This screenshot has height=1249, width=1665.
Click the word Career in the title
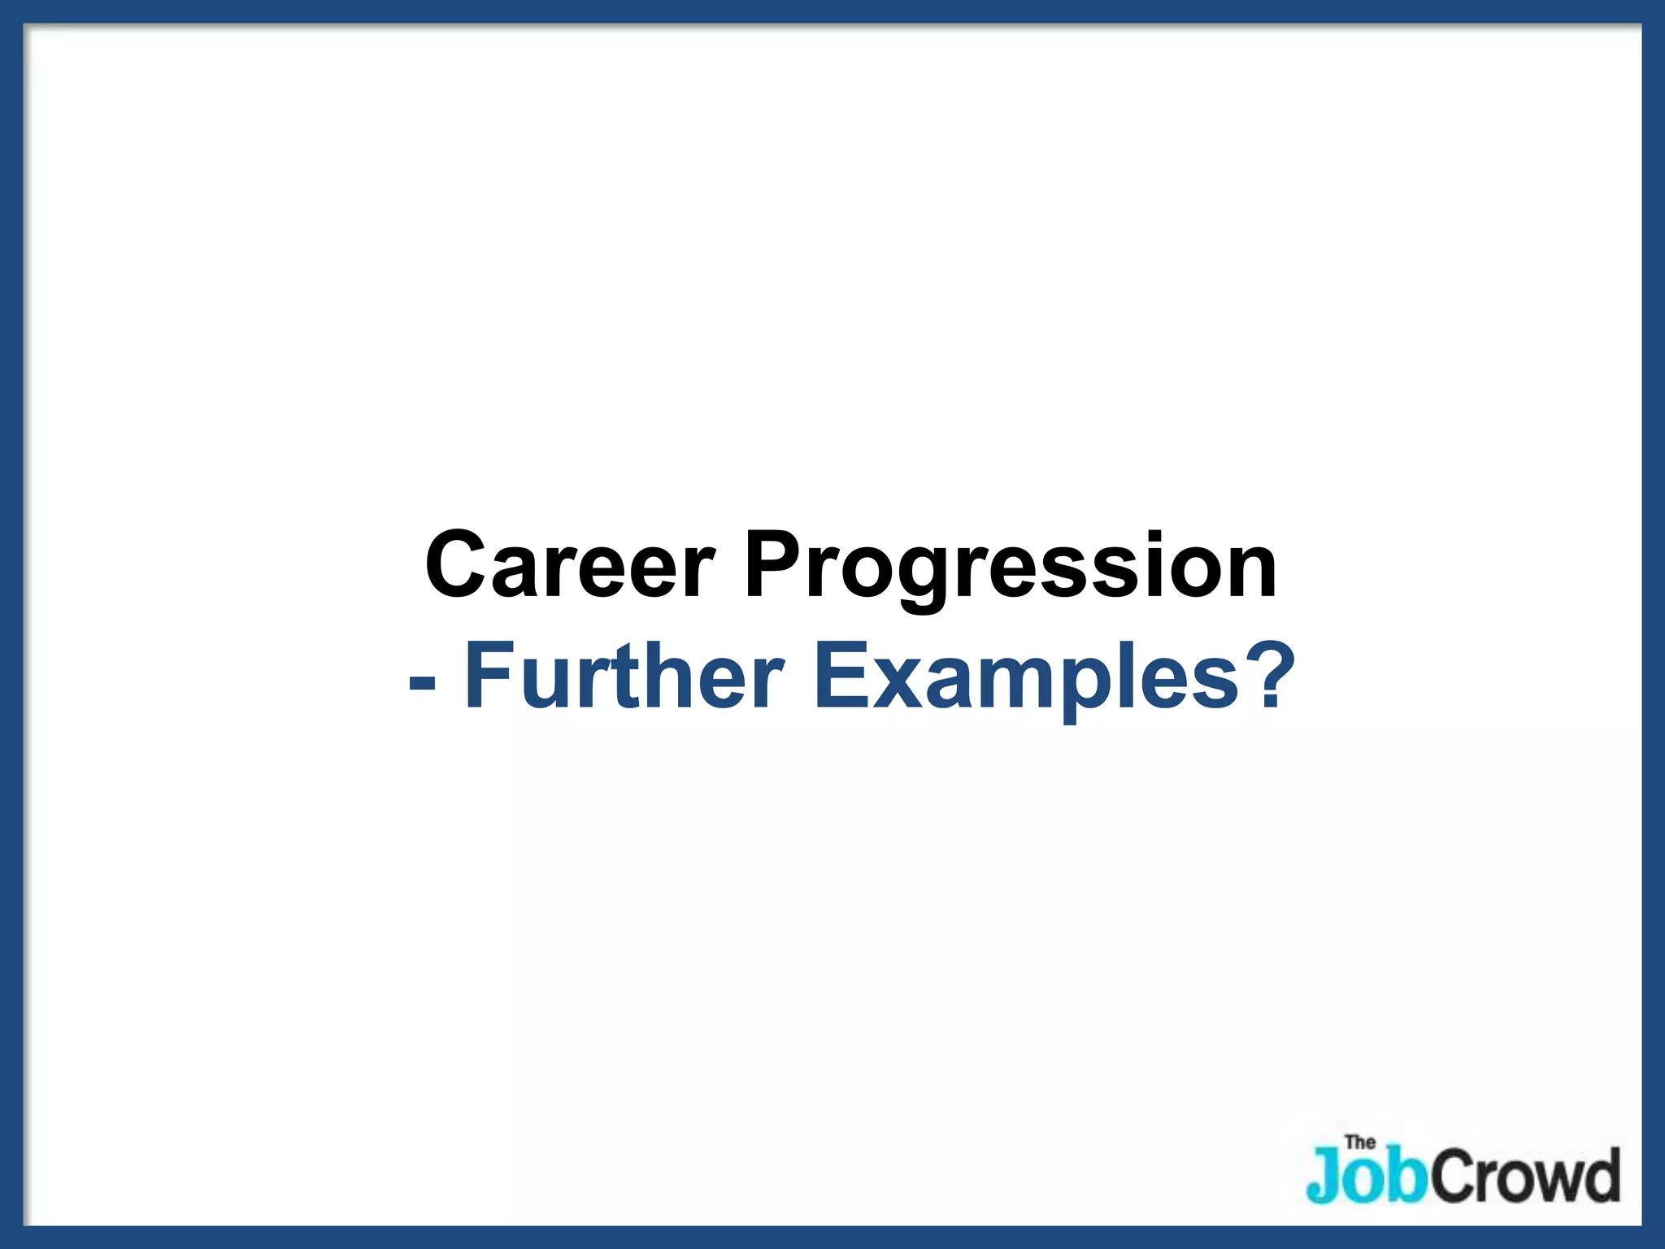point(569,564)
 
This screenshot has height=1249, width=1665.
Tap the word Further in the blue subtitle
point(623,677)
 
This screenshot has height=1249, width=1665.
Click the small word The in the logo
point(1360,1142)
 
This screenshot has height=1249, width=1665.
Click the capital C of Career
point(460,564)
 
